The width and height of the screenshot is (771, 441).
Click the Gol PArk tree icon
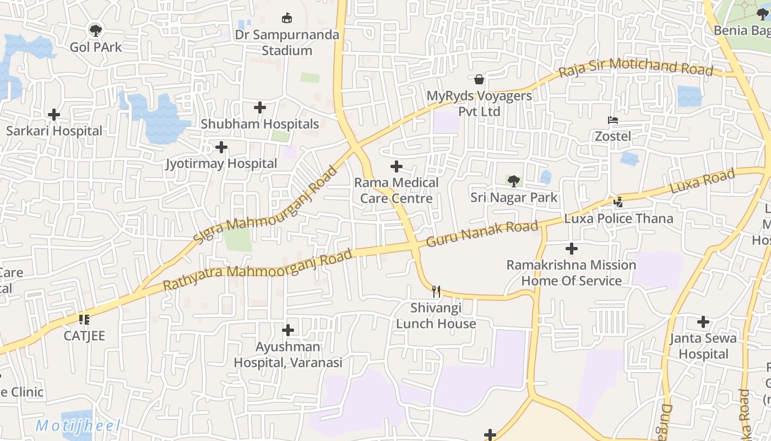[96, 30]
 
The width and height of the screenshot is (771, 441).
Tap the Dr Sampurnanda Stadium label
[287, 42]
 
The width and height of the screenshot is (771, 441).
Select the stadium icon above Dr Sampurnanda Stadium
[287, 18]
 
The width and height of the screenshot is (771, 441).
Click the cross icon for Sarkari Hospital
[54, 115]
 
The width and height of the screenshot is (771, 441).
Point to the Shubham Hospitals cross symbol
[260, 107]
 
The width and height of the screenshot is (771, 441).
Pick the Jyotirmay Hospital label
[221, 164]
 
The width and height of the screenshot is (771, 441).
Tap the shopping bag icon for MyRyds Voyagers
[479, 79]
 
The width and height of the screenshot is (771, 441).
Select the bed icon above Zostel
[613, 120]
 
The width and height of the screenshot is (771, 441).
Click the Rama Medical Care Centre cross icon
[397, 166]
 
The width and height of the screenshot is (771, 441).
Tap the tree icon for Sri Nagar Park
[513, 181]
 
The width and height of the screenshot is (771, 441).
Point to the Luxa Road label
[702, 181]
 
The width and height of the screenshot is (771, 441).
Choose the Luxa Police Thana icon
[618, 202]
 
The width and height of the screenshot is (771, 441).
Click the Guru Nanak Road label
[482, 234]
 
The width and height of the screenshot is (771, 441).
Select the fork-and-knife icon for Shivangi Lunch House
[436, 291]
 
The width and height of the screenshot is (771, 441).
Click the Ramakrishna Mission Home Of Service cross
[572, 249]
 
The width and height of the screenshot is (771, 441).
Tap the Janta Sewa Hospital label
[703, 346]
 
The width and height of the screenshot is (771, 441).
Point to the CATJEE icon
[84, 319]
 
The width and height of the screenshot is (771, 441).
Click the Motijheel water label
[78, 426]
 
